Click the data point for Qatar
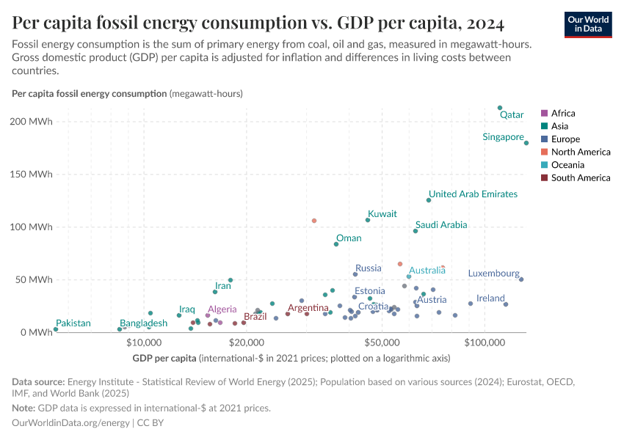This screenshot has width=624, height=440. (500, 108)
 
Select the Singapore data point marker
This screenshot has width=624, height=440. (526, 143)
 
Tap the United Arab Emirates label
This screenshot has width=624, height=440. (473, 194)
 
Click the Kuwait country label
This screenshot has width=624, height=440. (382, 214)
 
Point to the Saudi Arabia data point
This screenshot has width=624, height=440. (416, 231)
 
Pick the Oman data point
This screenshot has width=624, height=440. (336, 244)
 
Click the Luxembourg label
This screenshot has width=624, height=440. (493, 274)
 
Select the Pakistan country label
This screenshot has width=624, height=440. (73, 323)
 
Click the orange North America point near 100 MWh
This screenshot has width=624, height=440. (314, 221)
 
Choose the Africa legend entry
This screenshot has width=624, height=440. (563, 114)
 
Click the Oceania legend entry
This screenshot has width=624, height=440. (567, 165)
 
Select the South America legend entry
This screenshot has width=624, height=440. (580, 177)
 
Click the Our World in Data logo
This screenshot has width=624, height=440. (587, 23)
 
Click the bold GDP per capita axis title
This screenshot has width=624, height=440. (164, 358)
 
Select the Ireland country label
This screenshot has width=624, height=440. (490, 298)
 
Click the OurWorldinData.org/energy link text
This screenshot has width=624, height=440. (70, 423)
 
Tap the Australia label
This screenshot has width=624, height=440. (427, 271)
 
